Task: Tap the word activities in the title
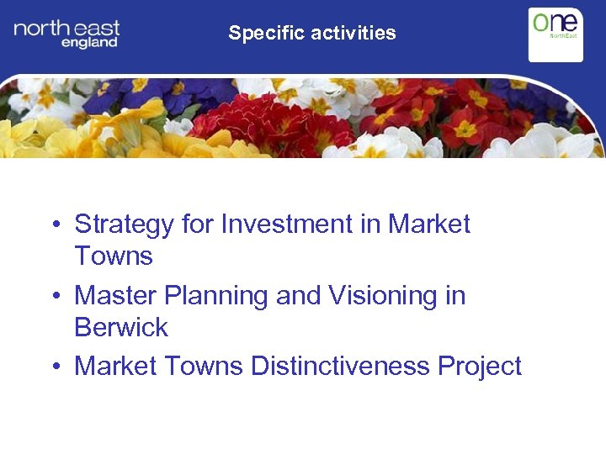(353, 34)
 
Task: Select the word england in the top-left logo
(89, 43)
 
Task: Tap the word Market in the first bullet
(428, 224)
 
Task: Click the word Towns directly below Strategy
(114, 256)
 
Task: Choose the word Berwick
(121, 327)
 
